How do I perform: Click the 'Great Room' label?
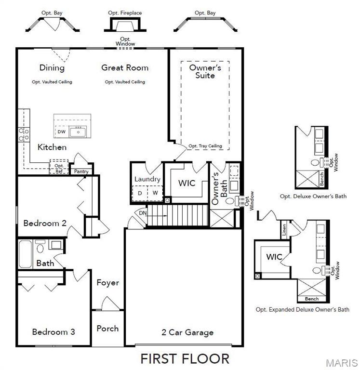tap(124, 67)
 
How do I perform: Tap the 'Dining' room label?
tap(52, 67)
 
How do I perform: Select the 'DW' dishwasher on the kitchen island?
tap(61, 132)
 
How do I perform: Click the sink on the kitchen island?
tap(78, 131)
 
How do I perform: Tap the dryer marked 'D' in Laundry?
tap(140, 193)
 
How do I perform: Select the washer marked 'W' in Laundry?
tap(155, 193)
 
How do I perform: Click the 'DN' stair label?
tap(143, 213)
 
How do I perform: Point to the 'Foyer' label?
tap(107, 282)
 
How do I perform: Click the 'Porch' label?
tap(107, 328)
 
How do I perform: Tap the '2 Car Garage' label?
tap(187, 332)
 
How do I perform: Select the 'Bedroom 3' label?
tap(53, 331)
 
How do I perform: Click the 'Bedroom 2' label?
tap(44, 223)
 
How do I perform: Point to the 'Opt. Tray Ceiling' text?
tap(205, 146)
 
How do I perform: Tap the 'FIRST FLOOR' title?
tap(185, 358)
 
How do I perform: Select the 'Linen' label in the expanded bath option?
tap(284, 231)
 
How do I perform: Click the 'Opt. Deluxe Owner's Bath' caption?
tap(313, 196)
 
